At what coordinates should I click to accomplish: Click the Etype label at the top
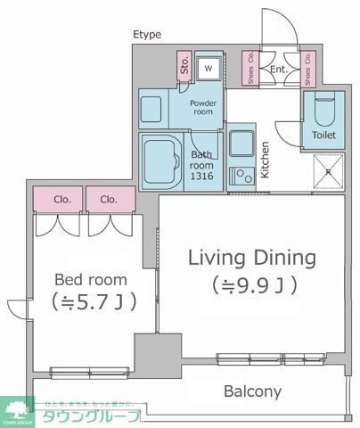147,35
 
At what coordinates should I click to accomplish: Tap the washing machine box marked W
209,68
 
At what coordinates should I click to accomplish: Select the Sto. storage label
185,65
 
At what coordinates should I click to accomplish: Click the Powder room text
204,108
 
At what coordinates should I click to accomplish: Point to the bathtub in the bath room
164,159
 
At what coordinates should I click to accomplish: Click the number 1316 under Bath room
204,174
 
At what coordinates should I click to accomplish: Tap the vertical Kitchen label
265,160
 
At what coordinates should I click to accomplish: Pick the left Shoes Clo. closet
250,69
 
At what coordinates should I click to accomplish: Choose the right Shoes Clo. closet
306,69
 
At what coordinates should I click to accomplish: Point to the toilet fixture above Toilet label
324,110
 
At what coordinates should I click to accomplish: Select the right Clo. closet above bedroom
110,200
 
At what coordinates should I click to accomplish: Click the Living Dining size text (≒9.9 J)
252,286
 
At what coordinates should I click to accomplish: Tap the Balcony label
252,391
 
